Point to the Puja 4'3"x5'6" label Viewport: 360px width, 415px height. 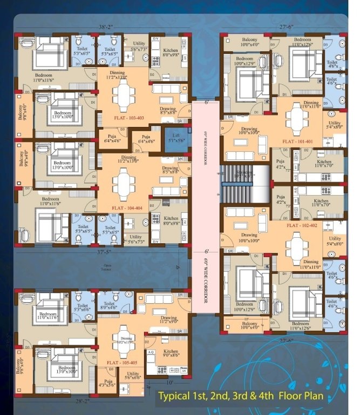[107, 383]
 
